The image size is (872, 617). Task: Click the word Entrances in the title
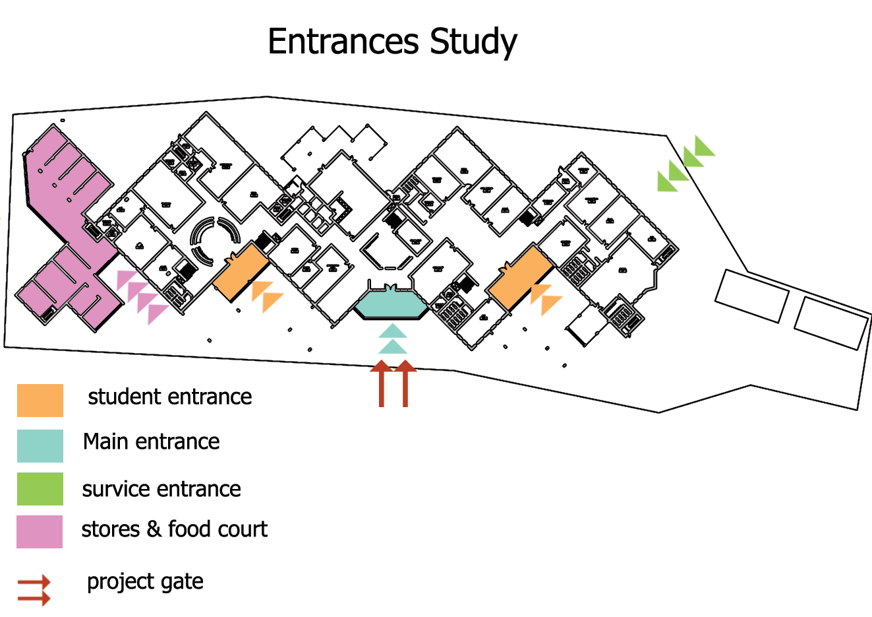343,42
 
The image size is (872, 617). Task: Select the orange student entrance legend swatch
40,401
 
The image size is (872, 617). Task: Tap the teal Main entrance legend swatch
40,446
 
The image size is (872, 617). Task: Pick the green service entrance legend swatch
40,489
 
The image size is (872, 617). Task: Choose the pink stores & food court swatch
40,532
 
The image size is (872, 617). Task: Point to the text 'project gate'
145,582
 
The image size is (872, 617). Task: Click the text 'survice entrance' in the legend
161,489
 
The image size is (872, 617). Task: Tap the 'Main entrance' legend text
151,441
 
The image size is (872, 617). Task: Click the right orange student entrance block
520,277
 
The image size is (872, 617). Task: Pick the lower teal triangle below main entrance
392,347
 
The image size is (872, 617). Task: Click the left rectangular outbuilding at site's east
752,296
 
